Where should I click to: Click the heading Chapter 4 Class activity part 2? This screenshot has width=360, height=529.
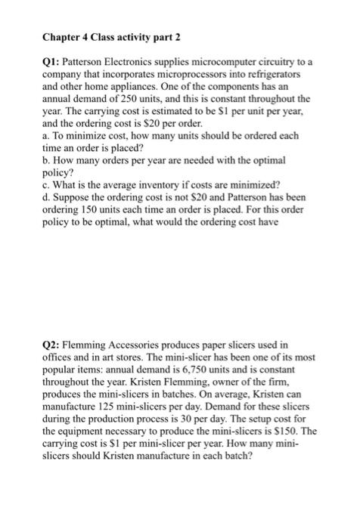pos(111,38)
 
